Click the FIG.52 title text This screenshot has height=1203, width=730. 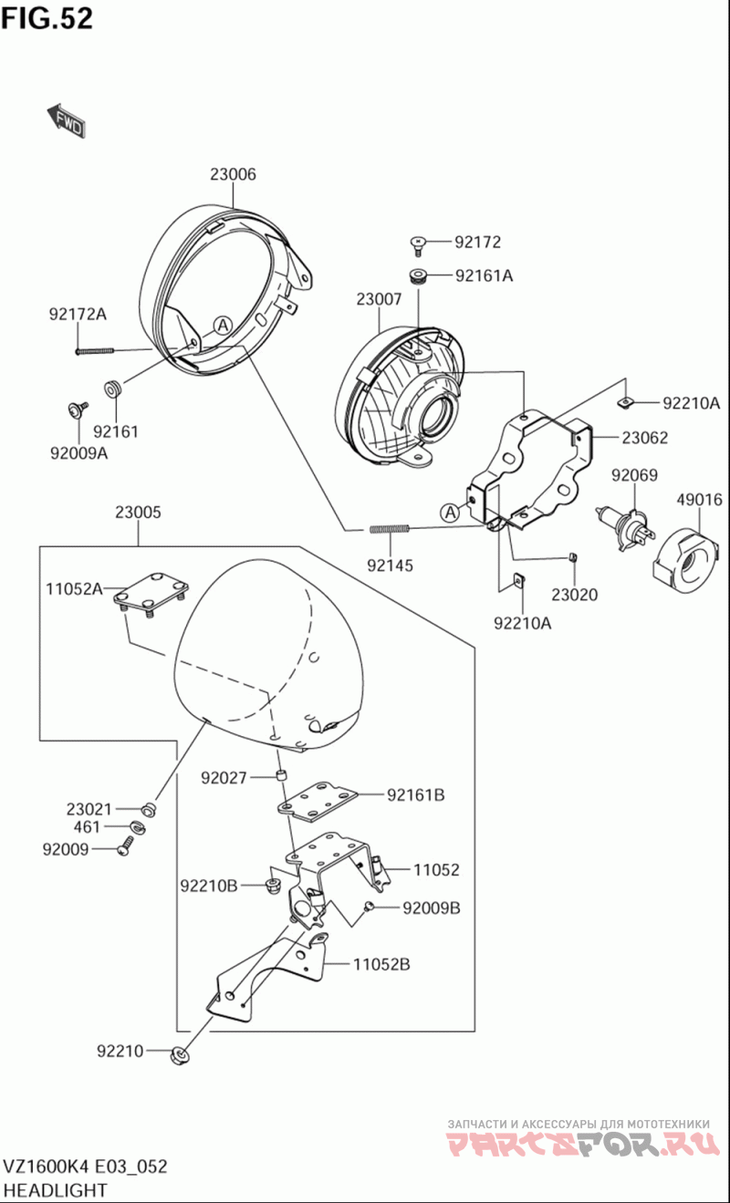tap(47, 17)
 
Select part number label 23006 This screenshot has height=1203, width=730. tap(233, 174)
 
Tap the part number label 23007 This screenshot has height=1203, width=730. tap(379, 298)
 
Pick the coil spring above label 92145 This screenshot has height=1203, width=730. tap(391, 528)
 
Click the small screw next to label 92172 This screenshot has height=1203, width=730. tap(419, 243)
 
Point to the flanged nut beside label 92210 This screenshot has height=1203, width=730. tap(181, 1054)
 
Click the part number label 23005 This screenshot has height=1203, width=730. tap(138, 513)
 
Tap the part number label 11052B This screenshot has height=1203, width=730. tap(381, 963)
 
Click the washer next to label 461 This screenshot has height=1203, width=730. tap(137, 827)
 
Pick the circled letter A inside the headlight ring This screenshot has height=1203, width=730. tap(222, 323)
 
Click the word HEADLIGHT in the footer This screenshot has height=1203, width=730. tap(56, 1189)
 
